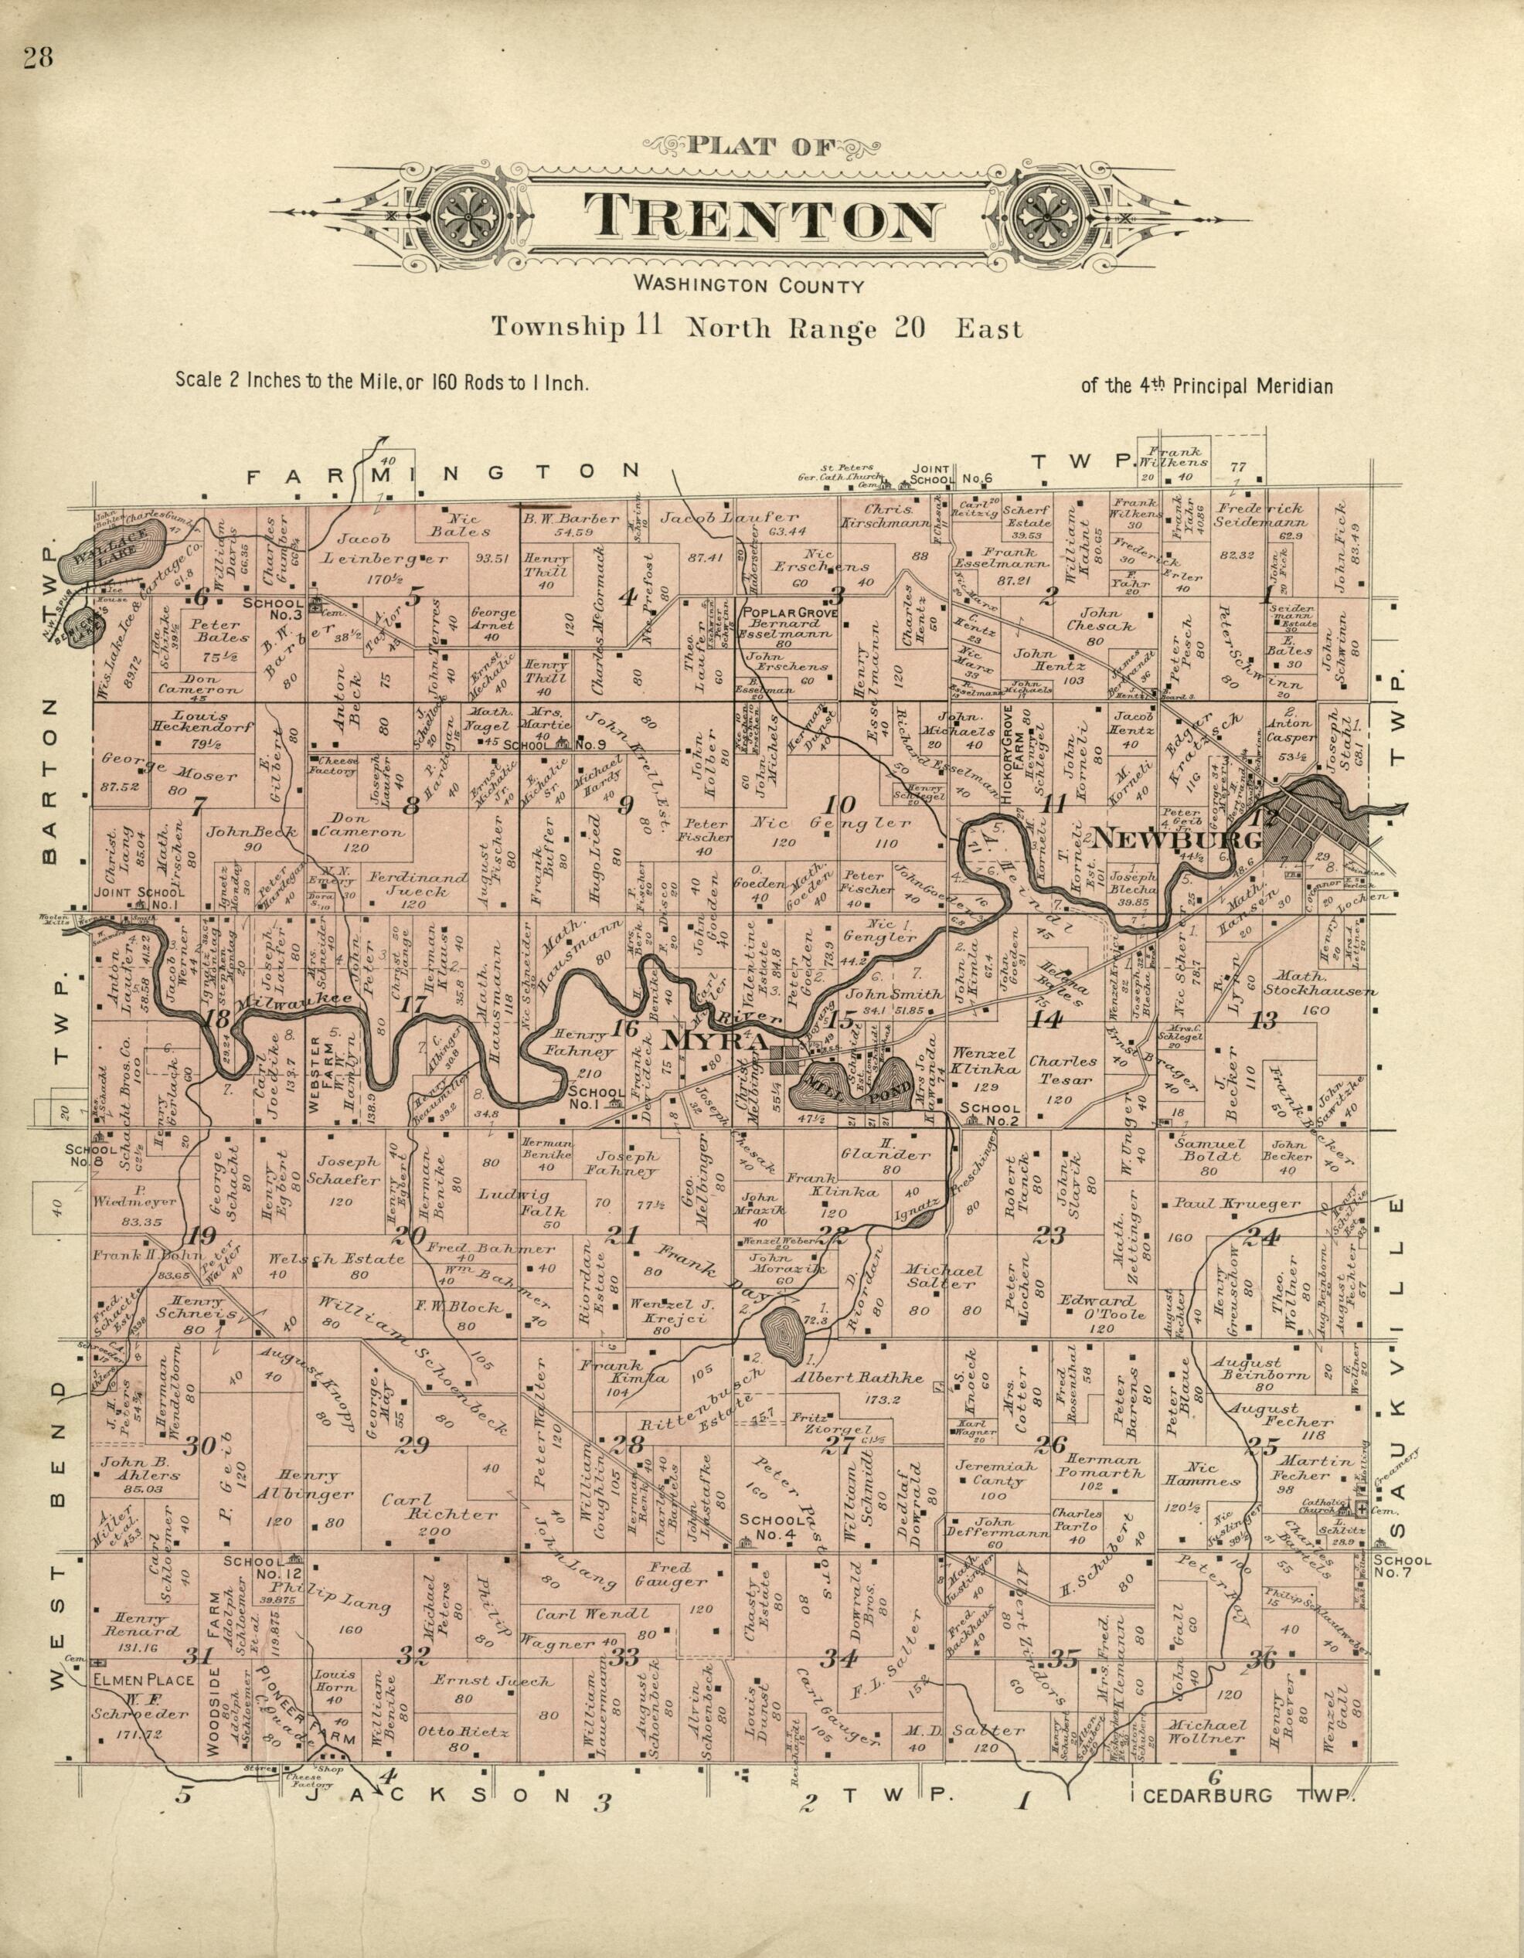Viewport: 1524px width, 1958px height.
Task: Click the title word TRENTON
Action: [762, 219]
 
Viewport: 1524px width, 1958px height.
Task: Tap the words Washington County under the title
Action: [749, 286]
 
